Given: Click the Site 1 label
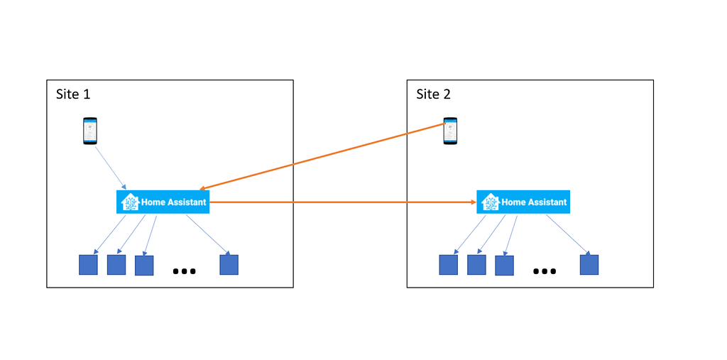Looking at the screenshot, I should [x=73, y=94].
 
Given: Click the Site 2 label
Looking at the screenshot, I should [x=433, y=94].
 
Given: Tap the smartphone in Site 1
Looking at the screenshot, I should [x=89, y=131].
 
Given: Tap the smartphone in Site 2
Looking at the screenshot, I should [x=450, y=131].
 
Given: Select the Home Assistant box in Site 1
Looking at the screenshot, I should [x=163, y=202].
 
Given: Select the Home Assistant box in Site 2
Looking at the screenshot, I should [x=523, y=202].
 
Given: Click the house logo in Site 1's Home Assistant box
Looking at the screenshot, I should [x=130, y=202].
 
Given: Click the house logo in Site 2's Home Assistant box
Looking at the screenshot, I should [x=491, y=202].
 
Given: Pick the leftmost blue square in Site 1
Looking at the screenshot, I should [x=88, y=265].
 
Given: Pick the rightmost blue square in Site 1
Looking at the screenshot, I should [x=229, y=265].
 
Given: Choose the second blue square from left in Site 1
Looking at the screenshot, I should [x=116, y=265].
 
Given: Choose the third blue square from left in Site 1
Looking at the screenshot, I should [x=144, y=266].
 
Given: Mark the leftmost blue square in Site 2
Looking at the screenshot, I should [x=448, y=265].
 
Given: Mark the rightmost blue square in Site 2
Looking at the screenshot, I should [x=589, y=265].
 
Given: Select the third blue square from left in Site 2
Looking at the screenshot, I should [x=504, y=266].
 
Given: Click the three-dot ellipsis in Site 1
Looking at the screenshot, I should [x=184, y=271].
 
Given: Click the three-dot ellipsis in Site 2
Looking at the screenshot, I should [x=544, y=271].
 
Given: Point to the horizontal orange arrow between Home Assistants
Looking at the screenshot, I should [x=341, y=202].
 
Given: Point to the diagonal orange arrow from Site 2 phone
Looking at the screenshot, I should [x=319, y=158].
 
